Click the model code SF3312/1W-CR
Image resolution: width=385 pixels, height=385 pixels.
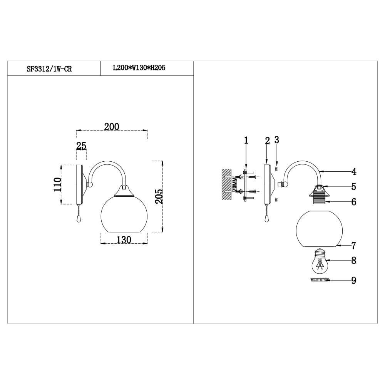click(x=49, y=69)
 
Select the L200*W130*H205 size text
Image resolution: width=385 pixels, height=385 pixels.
click(x=139, y=67)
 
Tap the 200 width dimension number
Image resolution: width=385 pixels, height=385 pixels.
click(x=112, y=127)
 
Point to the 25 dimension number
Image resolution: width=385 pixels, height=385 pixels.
click(x=81, y=146)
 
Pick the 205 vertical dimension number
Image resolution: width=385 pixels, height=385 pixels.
click(x=159, y=196)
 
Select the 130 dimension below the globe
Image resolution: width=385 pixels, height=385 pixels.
click(x=124, y=239)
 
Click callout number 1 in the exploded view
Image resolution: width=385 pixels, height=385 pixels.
click(x=246, y=141)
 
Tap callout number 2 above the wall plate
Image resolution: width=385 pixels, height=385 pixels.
click(x=268, y=141)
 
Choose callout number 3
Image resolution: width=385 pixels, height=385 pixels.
click(x=277, y=140)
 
